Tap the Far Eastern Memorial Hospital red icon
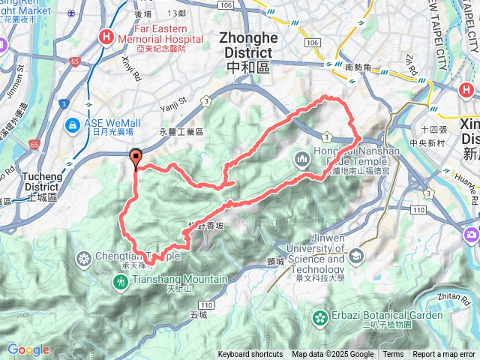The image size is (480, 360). (x=107, y=36)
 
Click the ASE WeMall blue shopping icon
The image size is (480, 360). (x=73, y=124)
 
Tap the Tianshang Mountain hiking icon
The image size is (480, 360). (x=121, y=282)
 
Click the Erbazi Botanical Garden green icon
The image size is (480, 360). (x=320, y=316)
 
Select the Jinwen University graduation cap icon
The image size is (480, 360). (x=357, y=256)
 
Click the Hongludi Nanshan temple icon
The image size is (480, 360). (x=302, y=159)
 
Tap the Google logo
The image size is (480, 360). (x=28, y=350)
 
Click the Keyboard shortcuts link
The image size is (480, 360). (x=250, y=355)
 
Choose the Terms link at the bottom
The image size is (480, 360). (x=393, y=355)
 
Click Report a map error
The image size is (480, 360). (x=445, y=355)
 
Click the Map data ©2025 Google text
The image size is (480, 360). (x=332, y=355)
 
